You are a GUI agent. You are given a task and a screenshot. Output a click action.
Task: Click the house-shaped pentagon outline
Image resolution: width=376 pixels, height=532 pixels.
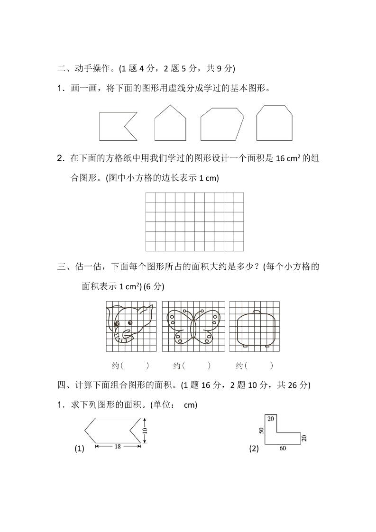coord(170,125)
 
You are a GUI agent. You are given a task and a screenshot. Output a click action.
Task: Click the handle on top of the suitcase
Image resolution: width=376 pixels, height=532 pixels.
coord(256,312)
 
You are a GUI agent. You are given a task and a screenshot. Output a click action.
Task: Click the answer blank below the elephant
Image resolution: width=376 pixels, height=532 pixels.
coord(130,366)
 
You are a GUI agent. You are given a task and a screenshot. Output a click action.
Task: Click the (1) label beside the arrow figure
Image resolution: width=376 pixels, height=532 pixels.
coord(79,449)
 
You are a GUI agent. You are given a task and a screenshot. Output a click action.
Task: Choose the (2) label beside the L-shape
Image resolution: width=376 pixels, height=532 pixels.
coord(254,449)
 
